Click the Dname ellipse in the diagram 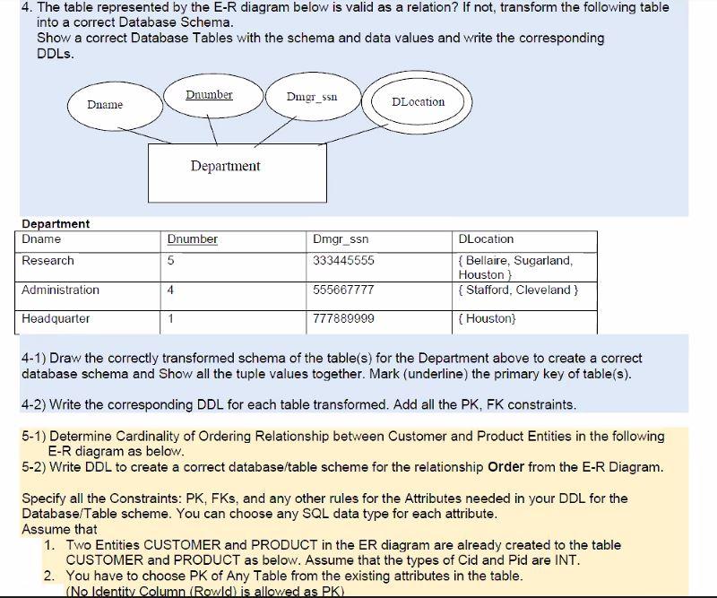click(106, 106)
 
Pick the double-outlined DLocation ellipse click(419, 102)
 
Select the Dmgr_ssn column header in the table click(340, 239)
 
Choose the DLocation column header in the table click(486, 239)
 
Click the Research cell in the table click(48, 261)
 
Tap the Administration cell click(61, 290)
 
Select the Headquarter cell click(56, 319)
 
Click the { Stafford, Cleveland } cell click(517, 290)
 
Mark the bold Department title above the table click(56, 223)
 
